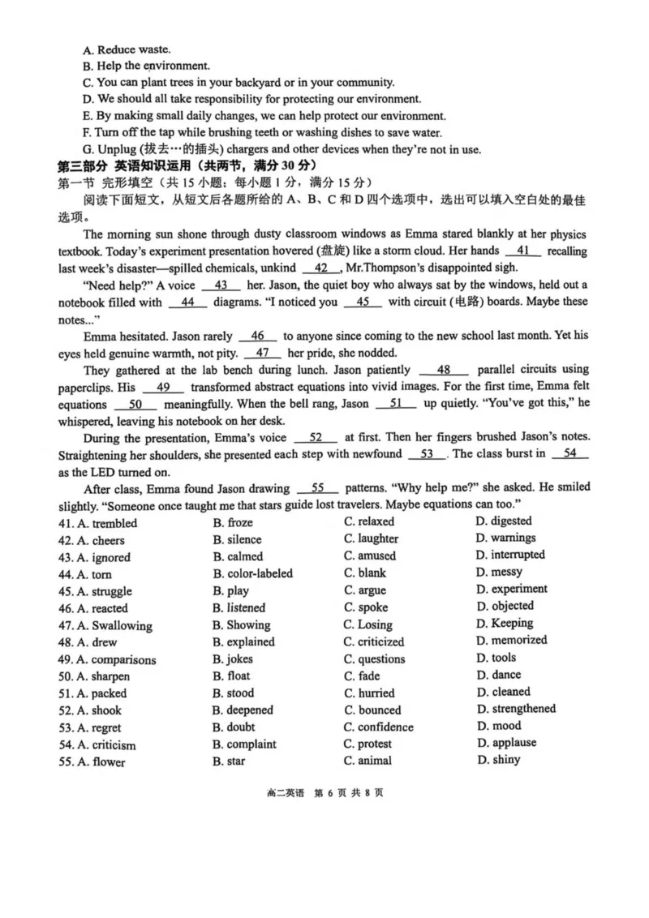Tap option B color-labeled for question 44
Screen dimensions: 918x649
253,573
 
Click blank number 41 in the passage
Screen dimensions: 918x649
522,251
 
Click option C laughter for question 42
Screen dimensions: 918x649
371,539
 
